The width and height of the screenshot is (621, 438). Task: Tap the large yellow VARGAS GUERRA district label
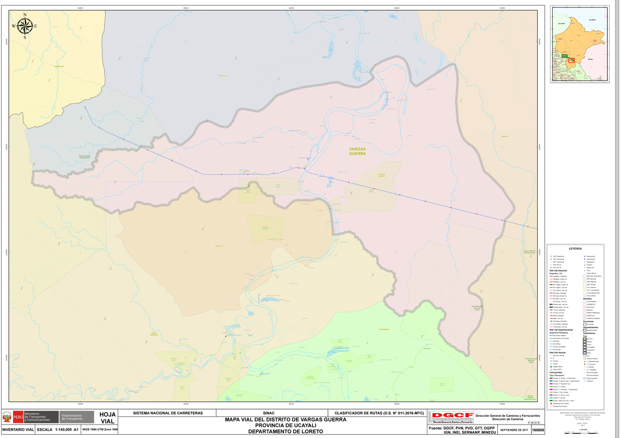[357, 151]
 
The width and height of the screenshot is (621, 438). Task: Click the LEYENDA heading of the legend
[575, 249]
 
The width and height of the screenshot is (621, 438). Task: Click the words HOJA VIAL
[108, 418]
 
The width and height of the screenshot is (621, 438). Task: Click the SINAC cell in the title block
[269, 413]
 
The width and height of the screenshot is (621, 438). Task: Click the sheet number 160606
[539, 430]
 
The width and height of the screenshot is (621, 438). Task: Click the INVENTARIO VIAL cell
[18, 430]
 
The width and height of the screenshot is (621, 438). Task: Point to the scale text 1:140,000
[57, 430]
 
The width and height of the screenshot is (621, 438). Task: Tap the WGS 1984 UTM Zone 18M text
[100, 430]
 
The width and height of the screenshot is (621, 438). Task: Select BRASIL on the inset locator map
[591, 59]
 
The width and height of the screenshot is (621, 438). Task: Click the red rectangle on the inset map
[571, 60]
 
